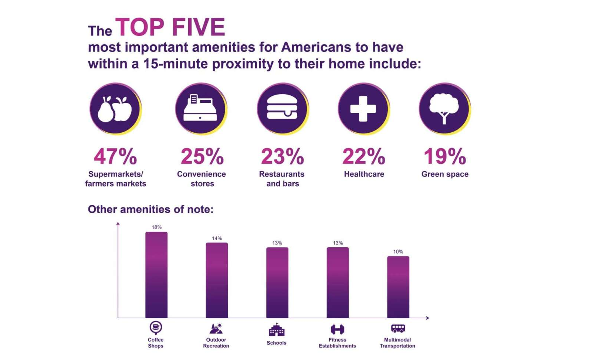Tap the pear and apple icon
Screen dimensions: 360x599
pyautogui.click(x=115, y=108)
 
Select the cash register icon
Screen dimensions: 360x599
pyautogui.click(x=200, y=108)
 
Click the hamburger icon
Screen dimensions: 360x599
pyautogui.click(x=282, y=108)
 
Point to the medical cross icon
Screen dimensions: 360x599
pyautogui.click(x=363, y=108)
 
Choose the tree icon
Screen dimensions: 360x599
pyautogui.click(x=444, y=108)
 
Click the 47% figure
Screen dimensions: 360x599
pyautogui.click(x=115, y=156)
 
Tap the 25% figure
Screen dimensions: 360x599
pyautogui.click(x=202, y=156)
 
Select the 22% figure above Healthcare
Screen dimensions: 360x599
pyautogui.click(x=363, y=156)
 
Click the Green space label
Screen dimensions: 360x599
pyautogui.click(x=445, y=174)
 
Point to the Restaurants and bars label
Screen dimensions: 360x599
pyautogui.click(x=282, y=179)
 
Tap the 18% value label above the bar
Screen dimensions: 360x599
pyautogui.click(x=156, y=227)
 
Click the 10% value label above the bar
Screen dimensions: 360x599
pyautogui.click(x=398, y=252)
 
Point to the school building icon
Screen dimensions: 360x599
pyautogui.click(x=276, y=330)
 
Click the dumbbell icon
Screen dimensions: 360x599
pyautogui.click(x=337, y=329)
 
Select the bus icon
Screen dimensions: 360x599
pyautogui.click(x=398, y=328)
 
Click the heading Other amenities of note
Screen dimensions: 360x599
pyautogui.click(x=150, y=210)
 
